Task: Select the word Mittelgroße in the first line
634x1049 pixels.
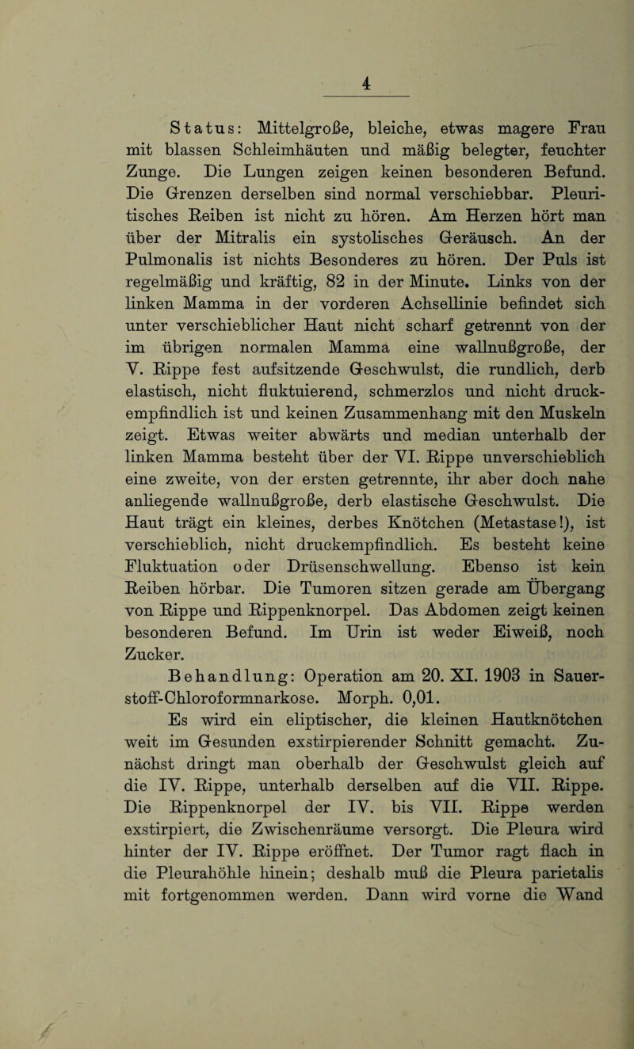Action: (296, 128)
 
